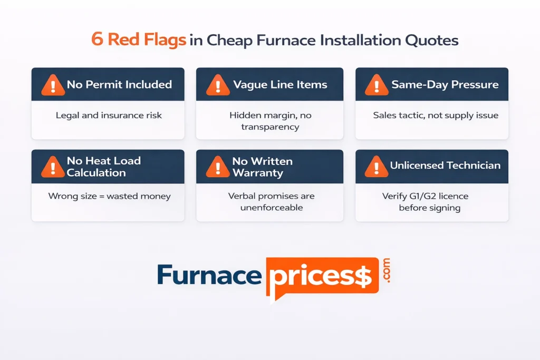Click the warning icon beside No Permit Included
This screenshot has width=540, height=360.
(53, 84)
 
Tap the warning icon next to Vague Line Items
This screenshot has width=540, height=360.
(217, 84)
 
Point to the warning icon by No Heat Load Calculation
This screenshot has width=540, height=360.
(53, 167)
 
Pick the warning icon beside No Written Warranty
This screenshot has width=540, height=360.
(217, 167)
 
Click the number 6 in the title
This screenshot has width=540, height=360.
(97, 41)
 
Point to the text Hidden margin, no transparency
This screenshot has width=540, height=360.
(269, 120)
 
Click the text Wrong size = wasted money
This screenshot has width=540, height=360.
(109, 196)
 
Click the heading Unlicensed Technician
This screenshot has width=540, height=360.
(445, 166)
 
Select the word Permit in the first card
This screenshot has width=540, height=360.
(102, 84)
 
